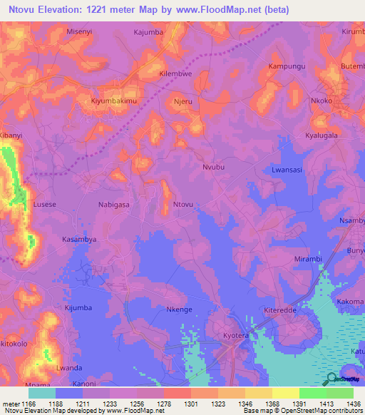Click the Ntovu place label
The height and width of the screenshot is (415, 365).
[183, 205]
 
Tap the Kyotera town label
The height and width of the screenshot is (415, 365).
[234, 334]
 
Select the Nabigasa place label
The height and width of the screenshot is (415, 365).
[113, 204]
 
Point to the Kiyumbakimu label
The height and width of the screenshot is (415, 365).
[113, 101]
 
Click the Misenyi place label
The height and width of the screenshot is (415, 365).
[79, 32]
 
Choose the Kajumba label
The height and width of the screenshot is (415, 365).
[149, 32]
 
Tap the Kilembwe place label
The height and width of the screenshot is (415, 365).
[175, 73]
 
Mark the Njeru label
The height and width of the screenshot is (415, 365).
[183, 101]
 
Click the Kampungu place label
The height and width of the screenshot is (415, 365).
[285, 66]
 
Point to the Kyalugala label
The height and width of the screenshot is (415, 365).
[321, 135]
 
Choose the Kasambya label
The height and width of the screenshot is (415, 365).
[79, 240]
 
